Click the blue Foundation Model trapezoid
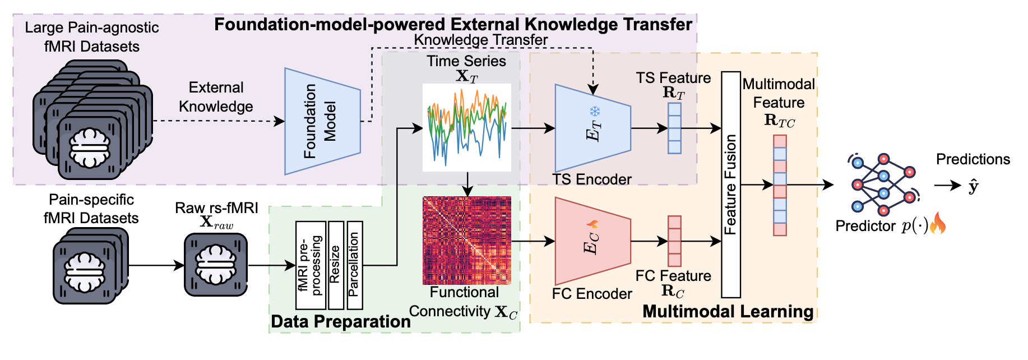322,121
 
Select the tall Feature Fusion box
730,184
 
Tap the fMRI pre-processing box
311,265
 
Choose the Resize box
336,265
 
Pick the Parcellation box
355,265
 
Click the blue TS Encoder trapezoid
592,128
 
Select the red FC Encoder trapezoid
592,241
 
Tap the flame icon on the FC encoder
593,224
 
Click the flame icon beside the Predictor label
938,225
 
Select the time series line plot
466,127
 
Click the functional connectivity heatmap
466,241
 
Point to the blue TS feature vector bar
674,128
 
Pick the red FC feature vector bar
674,241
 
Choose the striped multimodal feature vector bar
780,185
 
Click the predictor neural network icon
883,185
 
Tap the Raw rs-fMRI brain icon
216,265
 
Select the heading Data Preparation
340,322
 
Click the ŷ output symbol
973,186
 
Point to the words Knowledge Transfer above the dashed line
480,40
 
